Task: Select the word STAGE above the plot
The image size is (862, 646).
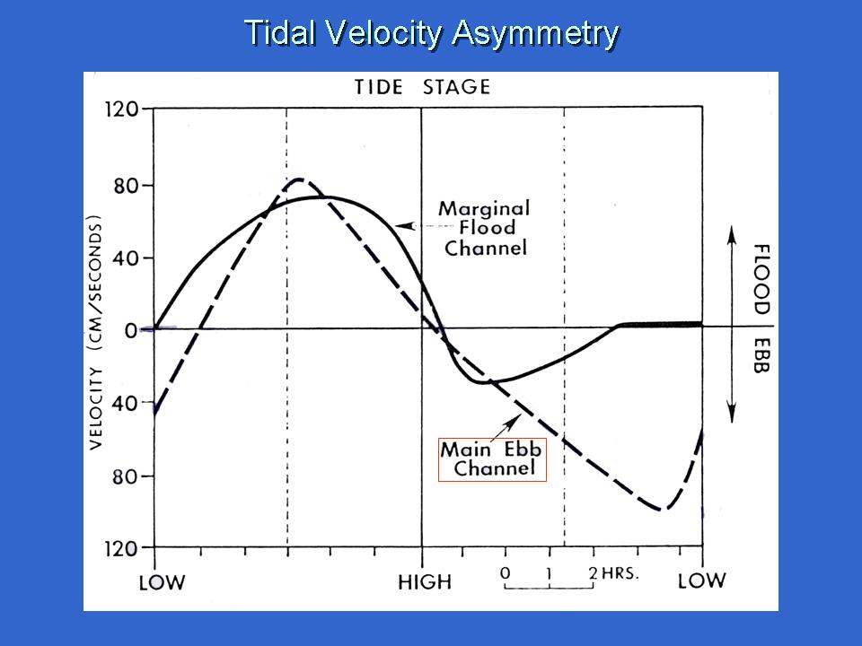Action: point(458,87)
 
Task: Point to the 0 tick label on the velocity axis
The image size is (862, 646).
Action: point(131,330)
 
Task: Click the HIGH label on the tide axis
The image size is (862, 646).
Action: point(425,582)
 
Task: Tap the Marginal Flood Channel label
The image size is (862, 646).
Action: point(485,228)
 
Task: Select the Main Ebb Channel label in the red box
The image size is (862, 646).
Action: point(492,458)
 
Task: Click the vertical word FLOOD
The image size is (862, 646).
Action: point(761,279)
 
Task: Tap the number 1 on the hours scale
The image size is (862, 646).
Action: point(550,572)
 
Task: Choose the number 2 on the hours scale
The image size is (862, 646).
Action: point(593,572)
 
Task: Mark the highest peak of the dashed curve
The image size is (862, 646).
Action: point(300,179)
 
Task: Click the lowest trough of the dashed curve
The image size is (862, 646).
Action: point(663,510)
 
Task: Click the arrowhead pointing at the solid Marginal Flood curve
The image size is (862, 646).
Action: point(401,227)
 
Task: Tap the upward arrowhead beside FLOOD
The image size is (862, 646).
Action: point(732,231)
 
